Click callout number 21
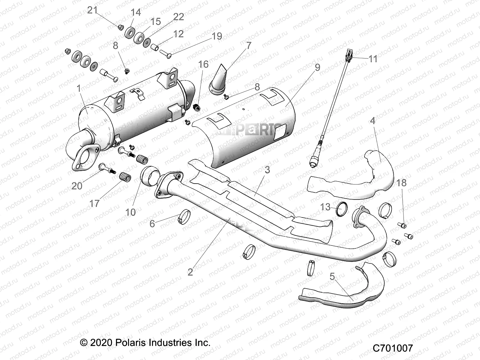point(92,10)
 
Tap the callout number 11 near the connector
point(373,59)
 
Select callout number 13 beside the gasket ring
point(325,207)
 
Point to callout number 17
point(94,203)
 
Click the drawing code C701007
point(393,348)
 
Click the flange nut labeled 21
point(120,27)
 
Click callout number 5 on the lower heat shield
point(332,277)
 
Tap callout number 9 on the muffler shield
point(317,67)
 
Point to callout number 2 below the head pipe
point(190,272)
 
